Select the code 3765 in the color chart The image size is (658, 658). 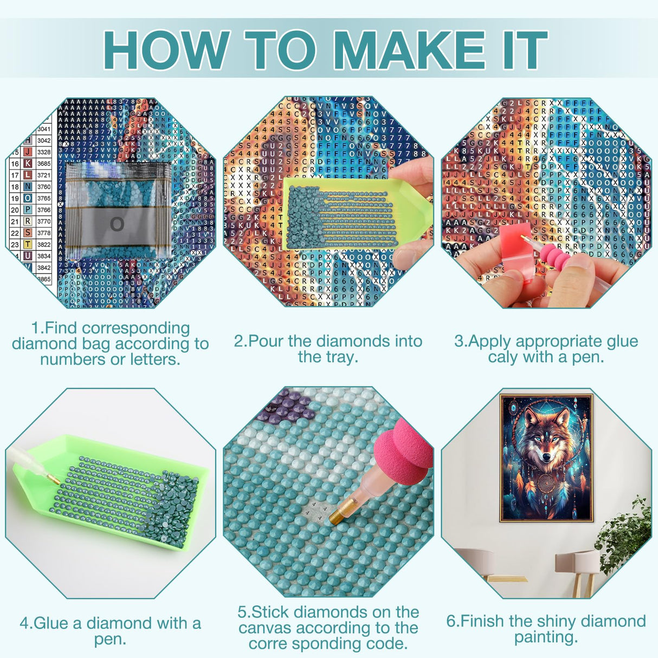pyautogui.click(x=44, y=198)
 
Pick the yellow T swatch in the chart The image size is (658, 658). pyautogui.click(x=27, y=244)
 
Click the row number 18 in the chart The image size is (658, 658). pyautogui.click(x=15, y=187)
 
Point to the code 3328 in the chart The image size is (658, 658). pyautogui.click(x=44, y=152)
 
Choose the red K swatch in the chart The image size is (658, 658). pyautogui.click(x=27, y=164)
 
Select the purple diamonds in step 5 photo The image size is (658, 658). pyautogui.click(x=288, y=407)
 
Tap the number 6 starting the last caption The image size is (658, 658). pyautogui.click(x=450, y=621)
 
